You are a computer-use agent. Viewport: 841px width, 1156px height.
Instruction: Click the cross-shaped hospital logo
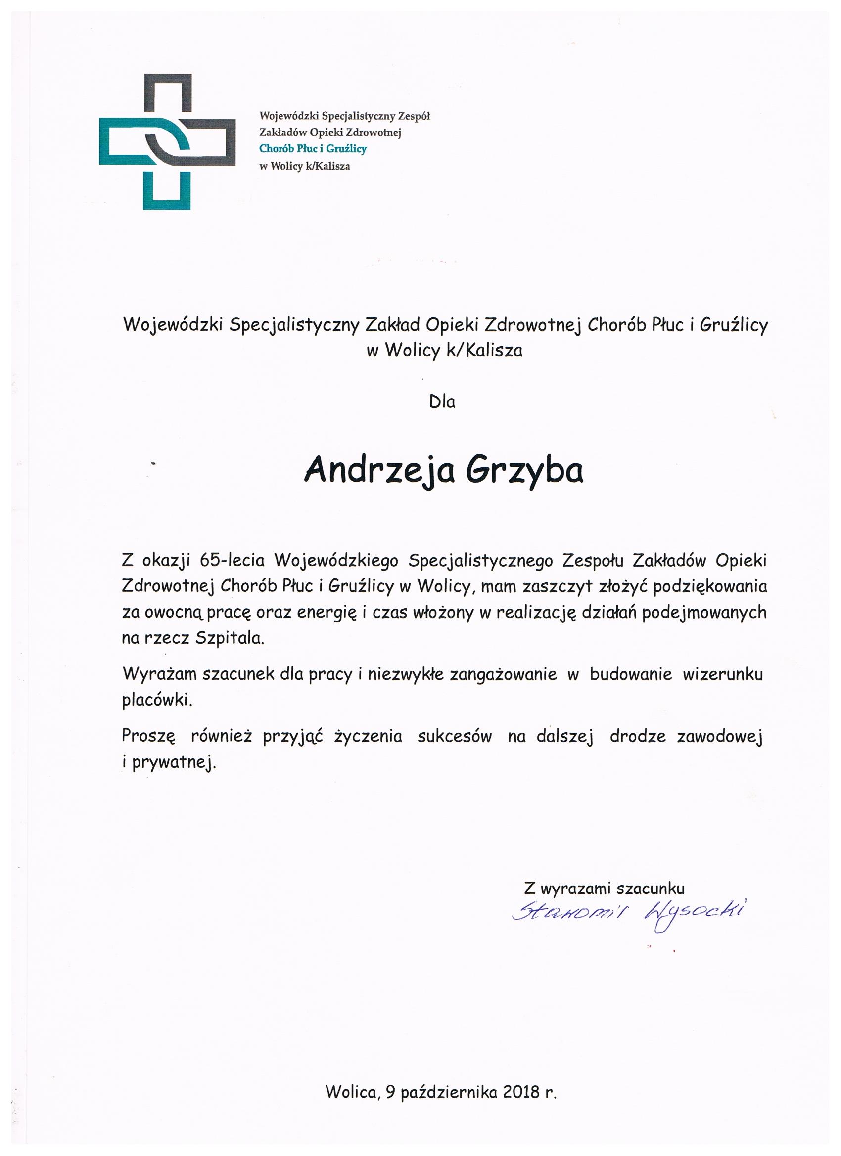(x=167, y=141)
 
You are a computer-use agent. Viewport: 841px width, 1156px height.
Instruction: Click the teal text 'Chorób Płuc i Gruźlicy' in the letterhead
(x=313, y=149)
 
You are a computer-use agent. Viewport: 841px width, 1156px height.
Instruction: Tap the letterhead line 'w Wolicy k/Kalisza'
(x=304, y=166)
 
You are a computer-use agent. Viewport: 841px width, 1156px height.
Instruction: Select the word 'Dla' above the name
(x=442, y=401)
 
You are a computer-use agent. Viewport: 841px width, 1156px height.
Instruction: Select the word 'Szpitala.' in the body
(x=230, y=638)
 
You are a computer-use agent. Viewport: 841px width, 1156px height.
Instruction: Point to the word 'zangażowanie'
(x=503, y=674)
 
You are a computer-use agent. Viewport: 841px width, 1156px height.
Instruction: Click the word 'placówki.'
(x=157, y=700)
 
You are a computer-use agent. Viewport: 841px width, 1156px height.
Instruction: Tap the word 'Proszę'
(x=148, y=737)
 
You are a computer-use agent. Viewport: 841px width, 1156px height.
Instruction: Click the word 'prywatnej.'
(x=174, y=763)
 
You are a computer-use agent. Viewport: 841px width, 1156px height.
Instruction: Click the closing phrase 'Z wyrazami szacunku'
(x=604, y=889)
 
